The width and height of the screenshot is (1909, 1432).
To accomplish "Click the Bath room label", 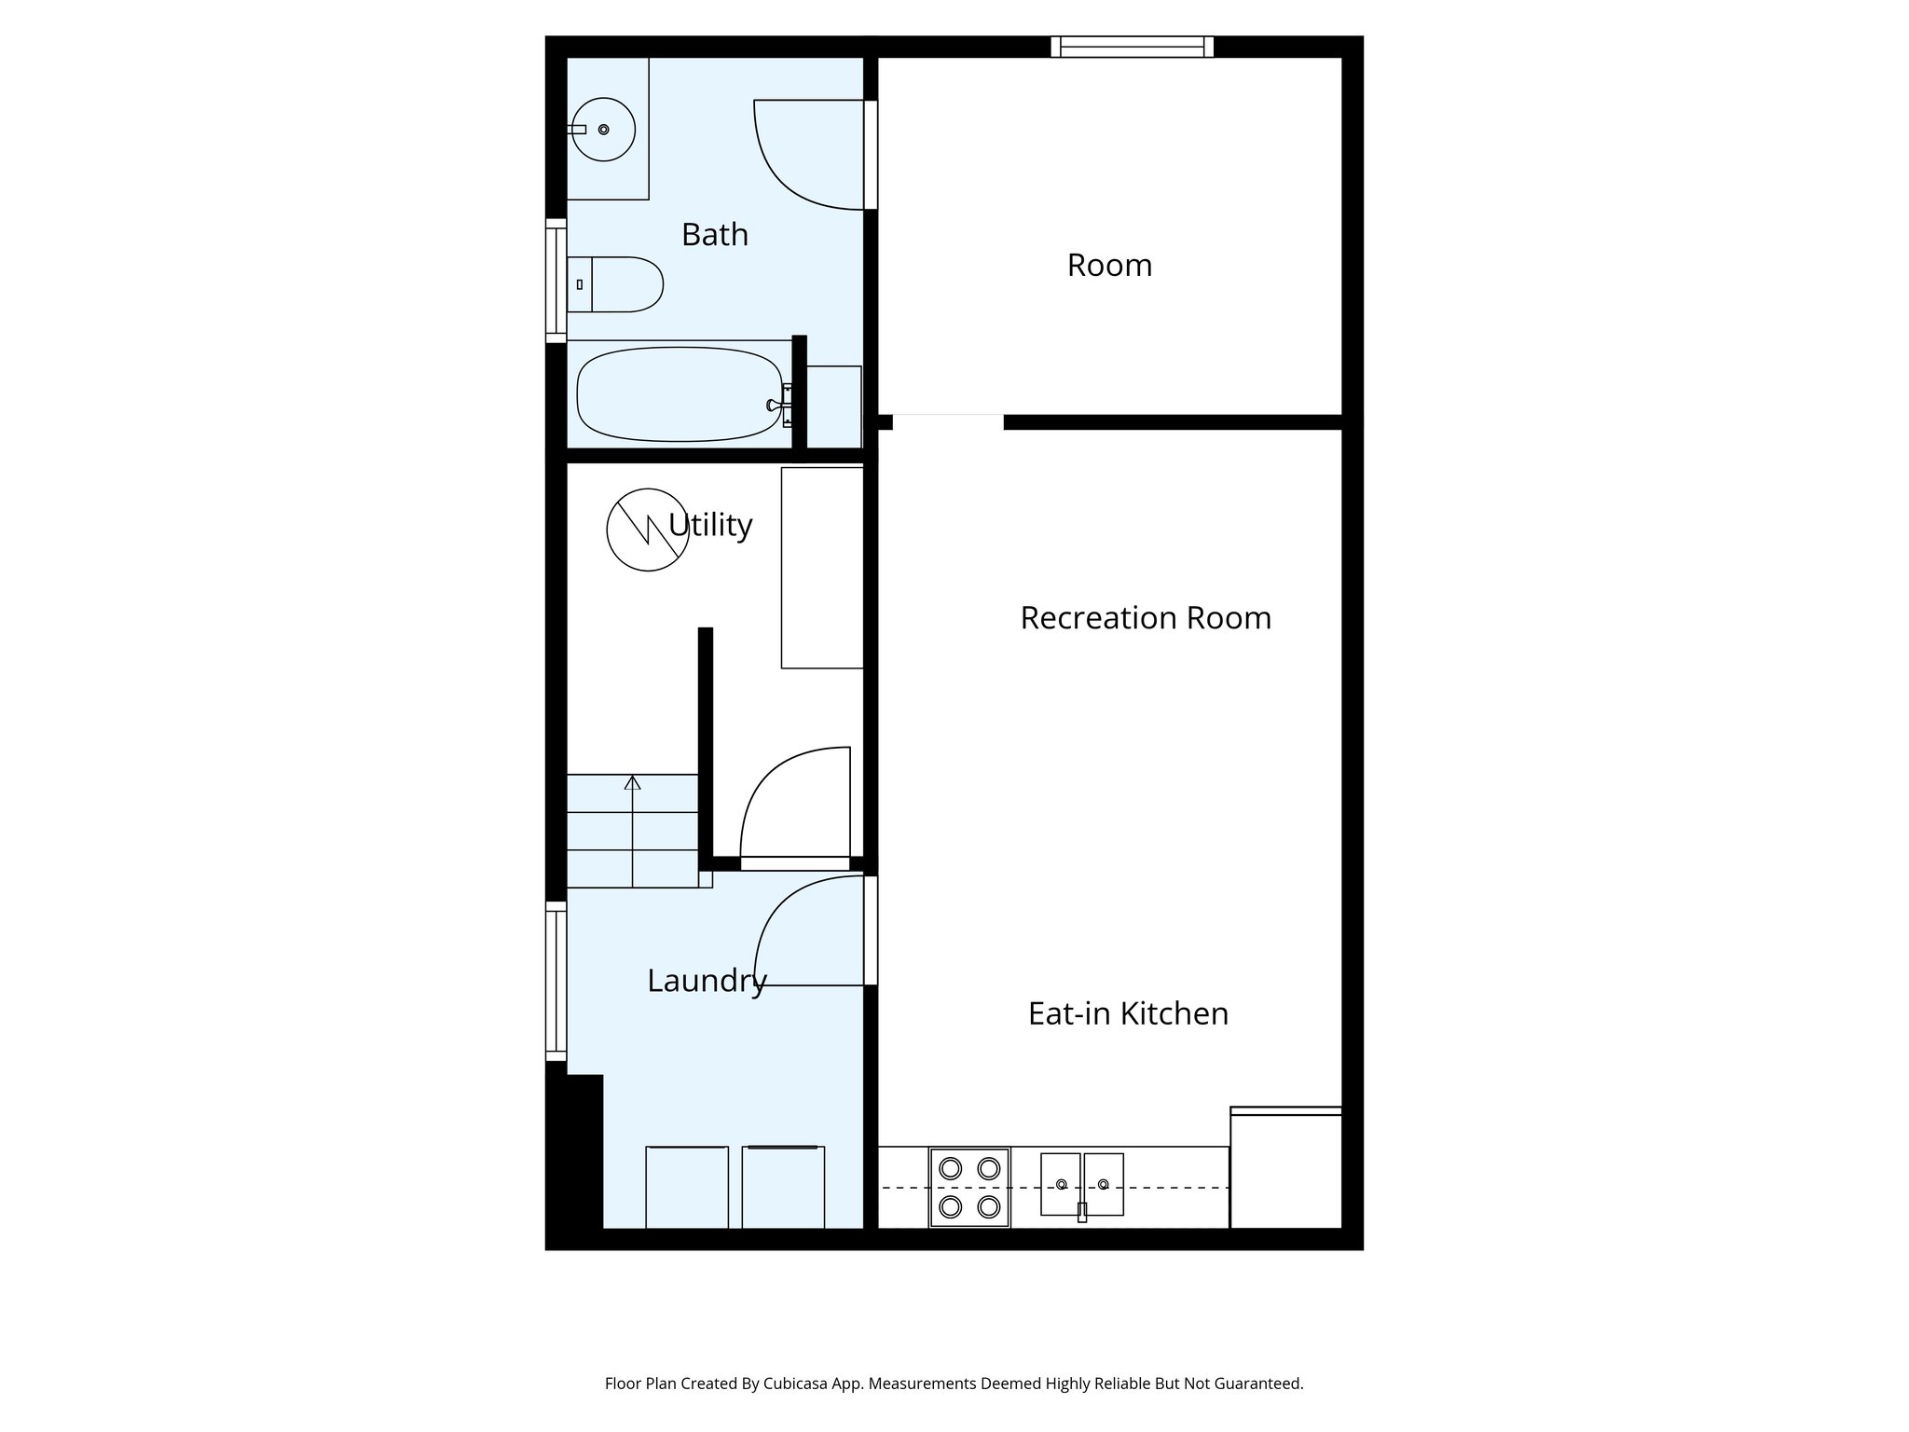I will coord(714,234).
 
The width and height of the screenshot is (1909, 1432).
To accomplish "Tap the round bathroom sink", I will coord(603,130).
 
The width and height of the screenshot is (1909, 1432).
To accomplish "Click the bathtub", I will coord(680,393).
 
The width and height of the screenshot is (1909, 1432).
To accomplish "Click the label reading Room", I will coord(1109,266).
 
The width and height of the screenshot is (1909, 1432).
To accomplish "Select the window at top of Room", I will coord(1132,47).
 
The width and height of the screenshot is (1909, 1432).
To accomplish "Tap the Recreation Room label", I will coord(1145,618).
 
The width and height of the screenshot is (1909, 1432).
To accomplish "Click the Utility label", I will coord(711,525).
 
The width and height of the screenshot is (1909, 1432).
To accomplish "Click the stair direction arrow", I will coord(633,783).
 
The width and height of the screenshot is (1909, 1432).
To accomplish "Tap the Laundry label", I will coord(707,981).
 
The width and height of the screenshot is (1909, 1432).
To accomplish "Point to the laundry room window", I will coord(556,981).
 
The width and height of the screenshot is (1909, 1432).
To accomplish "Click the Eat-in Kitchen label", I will coord(1127,1013).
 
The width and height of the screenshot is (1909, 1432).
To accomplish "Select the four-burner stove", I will coord(969,1188).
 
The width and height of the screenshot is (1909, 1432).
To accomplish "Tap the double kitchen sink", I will coord(1081,1185).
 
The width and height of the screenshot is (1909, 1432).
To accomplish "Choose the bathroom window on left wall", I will coord(556,281).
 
